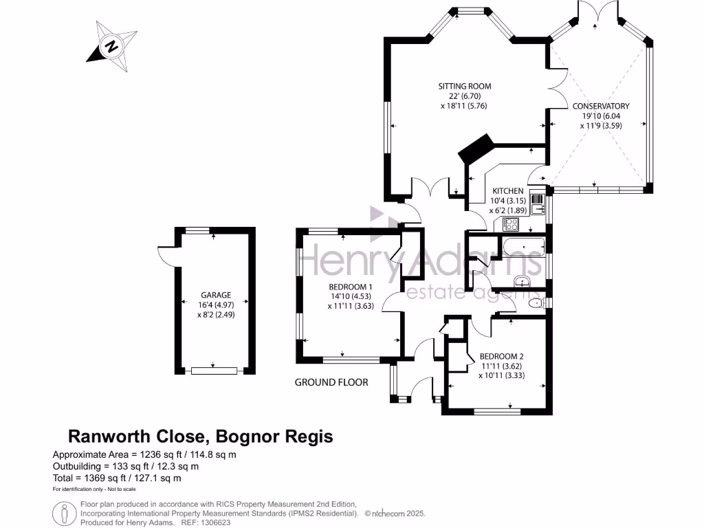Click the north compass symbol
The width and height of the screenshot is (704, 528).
click(x=111, y=46)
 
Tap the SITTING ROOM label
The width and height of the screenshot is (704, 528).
click(x=465, y=87)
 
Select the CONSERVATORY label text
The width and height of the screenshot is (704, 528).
click(x=601, y=107)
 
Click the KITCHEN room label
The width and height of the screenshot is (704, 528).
click(x=507, y=191)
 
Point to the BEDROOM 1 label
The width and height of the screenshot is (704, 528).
click(x=350, y=287)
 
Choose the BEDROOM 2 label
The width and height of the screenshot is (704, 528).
click(x=501, y=357)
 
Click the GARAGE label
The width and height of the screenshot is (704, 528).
click(x=216, y=295)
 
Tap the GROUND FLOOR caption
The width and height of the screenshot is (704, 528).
click(x=331, y=382)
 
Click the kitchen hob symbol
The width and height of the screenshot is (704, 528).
click(x=511, y=223)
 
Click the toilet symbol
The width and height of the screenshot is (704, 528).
click(x=535, y=303)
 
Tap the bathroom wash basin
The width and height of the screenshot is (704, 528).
click(x=524, y=280)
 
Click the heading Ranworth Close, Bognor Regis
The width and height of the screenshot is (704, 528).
click(x=200, y=436)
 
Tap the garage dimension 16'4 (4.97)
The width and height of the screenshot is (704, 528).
click(x=216, y=305)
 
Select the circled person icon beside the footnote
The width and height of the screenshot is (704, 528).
click(x=64, y=512)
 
